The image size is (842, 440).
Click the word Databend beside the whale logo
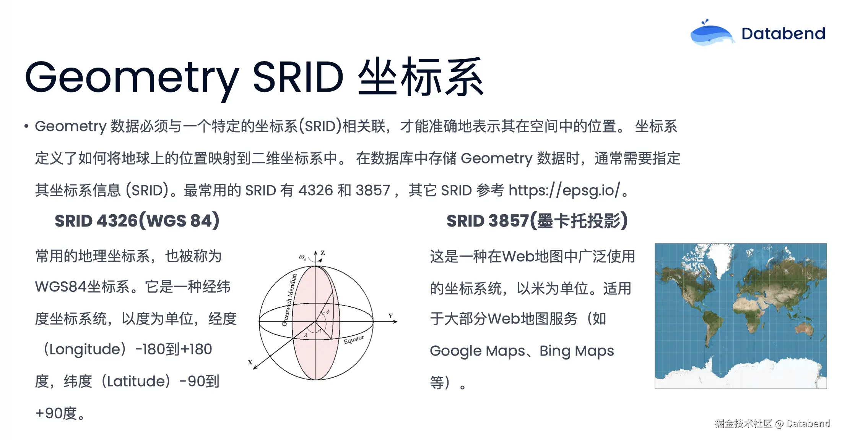click(x=783, y=34)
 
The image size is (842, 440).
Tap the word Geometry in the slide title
click(x=132, y=78)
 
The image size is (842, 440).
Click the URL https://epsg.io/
click(x=564, y=190)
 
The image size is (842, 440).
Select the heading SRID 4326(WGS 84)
click(x=137, y=221)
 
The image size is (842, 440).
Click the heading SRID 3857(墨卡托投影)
click(x=537, y=221)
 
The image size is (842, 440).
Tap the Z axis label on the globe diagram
click(x=323, y=253)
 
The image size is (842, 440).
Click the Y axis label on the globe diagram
click(x=391, y=316)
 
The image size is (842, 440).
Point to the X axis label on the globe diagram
click(x=250, y=362)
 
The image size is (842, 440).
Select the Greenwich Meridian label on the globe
click(x=289, y=300)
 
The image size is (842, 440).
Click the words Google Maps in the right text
click(x=478, y=351)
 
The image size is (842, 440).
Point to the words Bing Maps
click(x=577, y=351)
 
